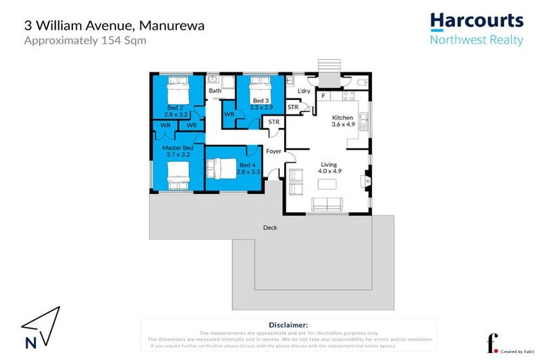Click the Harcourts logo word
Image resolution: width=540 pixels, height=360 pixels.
(476, 21)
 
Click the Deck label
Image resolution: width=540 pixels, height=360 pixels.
(269, 227)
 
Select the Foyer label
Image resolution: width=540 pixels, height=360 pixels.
(273, 151)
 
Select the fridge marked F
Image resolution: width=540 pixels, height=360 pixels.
(323, 95)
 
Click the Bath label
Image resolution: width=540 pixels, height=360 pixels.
(215, 91)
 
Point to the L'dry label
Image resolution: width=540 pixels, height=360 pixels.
(304, 91)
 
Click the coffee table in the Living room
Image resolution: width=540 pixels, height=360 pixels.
(326, 184)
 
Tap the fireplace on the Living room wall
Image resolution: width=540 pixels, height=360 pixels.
(366, 182)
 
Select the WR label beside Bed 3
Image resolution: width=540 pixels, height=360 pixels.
(229, 114)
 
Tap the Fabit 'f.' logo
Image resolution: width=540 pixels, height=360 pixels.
(492, 344)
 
